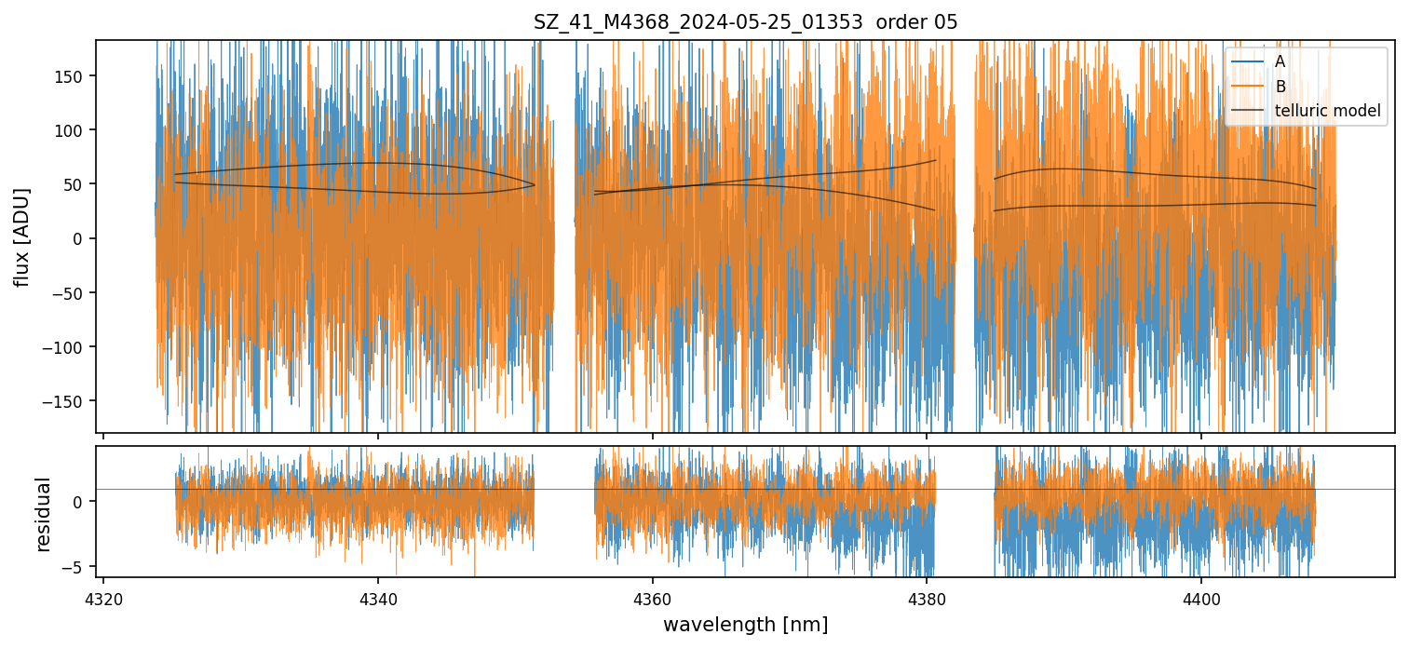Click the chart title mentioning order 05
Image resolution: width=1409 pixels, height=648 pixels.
click(x=745, y=22)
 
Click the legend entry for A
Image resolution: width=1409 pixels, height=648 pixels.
click(x=1280, y=61)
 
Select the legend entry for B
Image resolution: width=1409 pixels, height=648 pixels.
click(x=1280, y=87)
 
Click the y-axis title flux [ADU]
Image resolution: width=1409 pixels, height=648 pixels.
click(x=21, y=236)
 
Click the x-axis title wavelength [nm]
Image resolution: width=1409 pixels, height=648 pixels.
click(x=745, y=624)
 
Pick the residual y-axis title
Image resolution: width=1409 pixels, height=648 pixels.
click(x=43, y=514)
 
